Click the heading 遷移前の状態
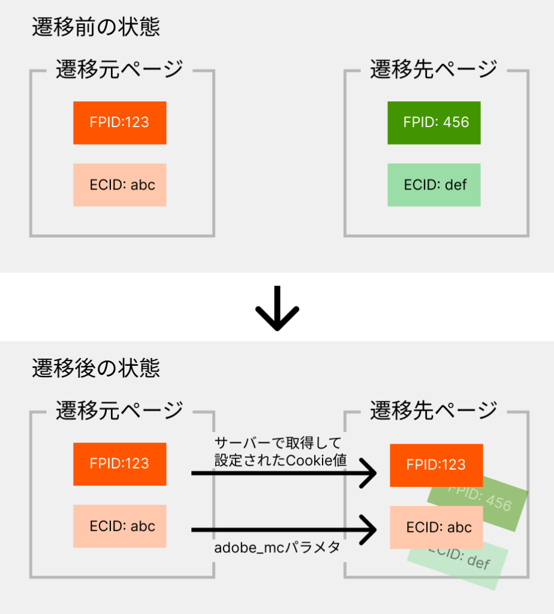[96, 28]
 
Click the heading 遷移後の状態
[96, 368]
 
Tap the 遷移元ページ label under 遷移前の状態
[119, 70]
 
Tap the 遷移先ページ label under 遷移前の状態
[433, 70]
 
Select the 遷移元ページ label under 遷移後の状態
[119, 411]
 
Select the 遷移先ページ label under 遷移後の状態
[433, 411]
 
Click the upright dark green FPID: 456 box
[434, 123]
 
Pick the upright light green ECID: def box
[434, 185]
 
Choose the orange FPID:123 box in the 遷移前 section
[120, 123]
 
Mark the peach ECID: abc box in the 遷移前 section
[120, 185]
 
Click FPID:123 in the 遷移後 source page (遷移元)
[120, 464]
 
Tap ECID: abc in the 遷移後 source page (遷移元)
[120, 526]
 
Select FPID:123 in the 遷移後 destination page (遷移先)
[436, 465]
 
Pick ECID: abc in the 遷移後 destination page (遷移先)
[436, 528]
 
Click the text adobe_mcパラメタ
[277, 548]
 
